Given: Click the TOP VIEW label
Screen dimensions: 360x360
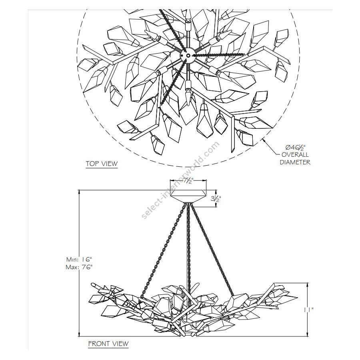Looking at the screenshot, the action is click(102, 164).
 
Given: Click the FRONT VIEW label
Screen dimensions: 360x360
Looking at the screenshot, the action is click(108, 344).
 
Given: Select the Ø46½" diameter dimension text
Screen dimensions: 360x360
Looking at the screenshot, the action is click(296, 147).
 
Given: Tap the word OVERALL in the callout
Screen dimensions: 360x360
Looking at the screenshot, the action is click(295, 154).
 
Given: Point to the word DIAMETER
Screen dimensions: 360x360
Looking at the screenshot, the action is click(295, 162).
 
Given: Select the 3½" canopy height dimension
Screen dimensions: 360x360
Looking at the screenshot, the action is click(216, 199).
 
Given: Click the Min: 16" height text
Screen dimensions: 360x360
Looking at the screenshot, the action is click(79, 260).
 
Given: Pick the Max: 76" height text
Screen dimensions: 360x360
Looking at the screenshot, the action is click(79, 267).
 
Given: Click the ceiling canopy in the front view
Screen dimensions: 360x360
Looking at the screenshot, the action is click(188, 196).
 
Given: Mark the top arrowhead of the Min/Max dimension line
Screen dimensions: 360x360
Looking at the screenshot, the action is click(79, 191).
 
